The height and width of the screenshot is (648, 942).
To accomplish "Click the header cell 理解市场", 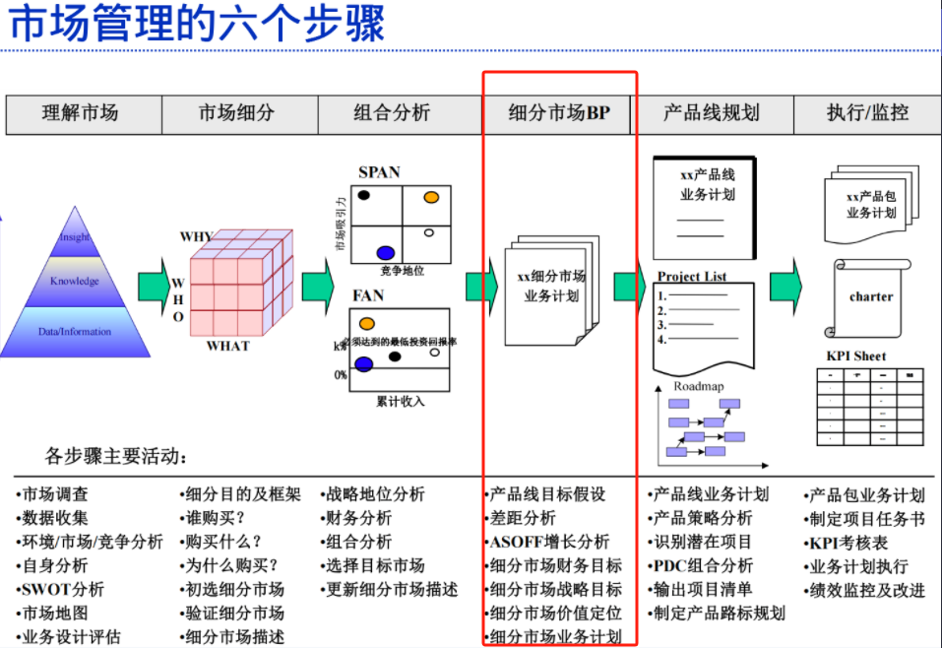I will [x=80, y=113].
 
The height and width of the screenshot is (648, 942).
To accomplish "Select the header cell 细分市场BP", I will [x=559, y=113].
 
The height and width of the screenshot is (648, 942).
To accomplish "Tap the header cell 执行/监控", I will [x=867, y=113].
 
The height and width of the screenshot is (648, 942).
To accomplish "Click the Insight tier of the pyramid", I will [x=75, y=236].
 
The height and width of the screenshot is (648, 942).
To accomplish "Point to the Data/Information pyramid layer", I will [x=75, y=332].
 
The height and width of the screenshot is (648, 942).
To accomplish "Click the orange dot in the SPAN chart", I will [x=431, y=197].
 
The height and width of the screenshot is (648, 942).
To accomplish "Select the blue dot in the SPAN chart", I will [x=385, y=252].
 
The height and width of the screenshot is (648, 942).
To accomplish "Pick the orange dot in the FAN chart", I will [x=367, y=323].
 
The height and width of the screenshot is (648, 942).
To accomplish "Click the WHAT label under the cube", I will [x=228, y=347].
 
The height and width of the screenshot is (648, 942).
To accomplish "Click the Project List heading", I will [x=692, y=277].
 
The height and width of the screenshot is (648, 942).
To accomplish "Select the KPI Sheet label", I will [x=856, y=356].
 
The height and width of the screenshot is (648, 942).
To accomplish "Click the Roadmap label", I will [x=699, y=387].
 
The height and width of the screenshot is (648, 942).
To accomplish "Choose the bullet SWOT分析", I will [x=62, y=590].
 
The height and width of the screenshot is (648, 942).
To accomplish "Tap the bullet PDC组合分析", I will [x=702, y=565].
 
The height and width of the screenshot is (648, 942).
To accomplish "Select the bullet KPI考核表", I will [x=848, y=543].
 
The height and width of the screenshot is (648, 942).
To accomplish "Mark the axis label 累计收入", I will [x=401, y=401].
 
